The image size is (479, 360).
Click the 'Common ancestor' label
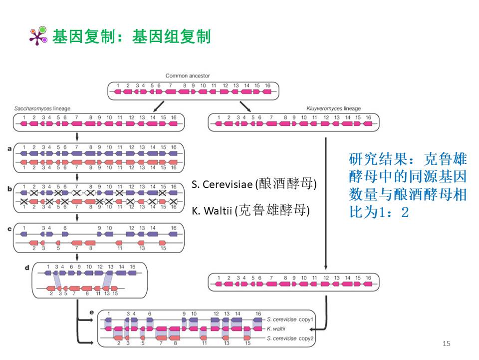coord(188,76)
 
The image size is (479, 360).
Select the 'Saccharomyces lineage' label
coord(42,108)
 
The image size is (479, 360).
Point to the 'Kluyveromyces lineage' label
coord(333,108)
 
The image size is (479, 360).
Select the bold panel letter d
coord(27,267)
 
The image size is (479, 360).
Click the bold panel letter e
coord(91,312)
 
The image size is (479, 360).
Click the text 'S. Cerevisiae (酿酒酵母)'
coord(254,184)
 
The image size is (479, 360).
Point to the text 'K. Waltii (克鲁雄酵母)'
coord(250,211)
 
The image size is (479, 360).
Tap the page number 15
coord(446,343)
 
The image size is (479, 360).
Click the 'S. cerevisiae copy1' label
coord(290,319)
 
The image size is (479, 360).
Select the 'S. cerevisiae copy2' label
coord(290,338)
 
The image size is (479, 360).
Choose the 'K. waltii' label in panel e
coord(276,329)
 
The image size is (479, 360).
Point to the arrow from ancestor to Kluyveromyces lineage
coord(245,106)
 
